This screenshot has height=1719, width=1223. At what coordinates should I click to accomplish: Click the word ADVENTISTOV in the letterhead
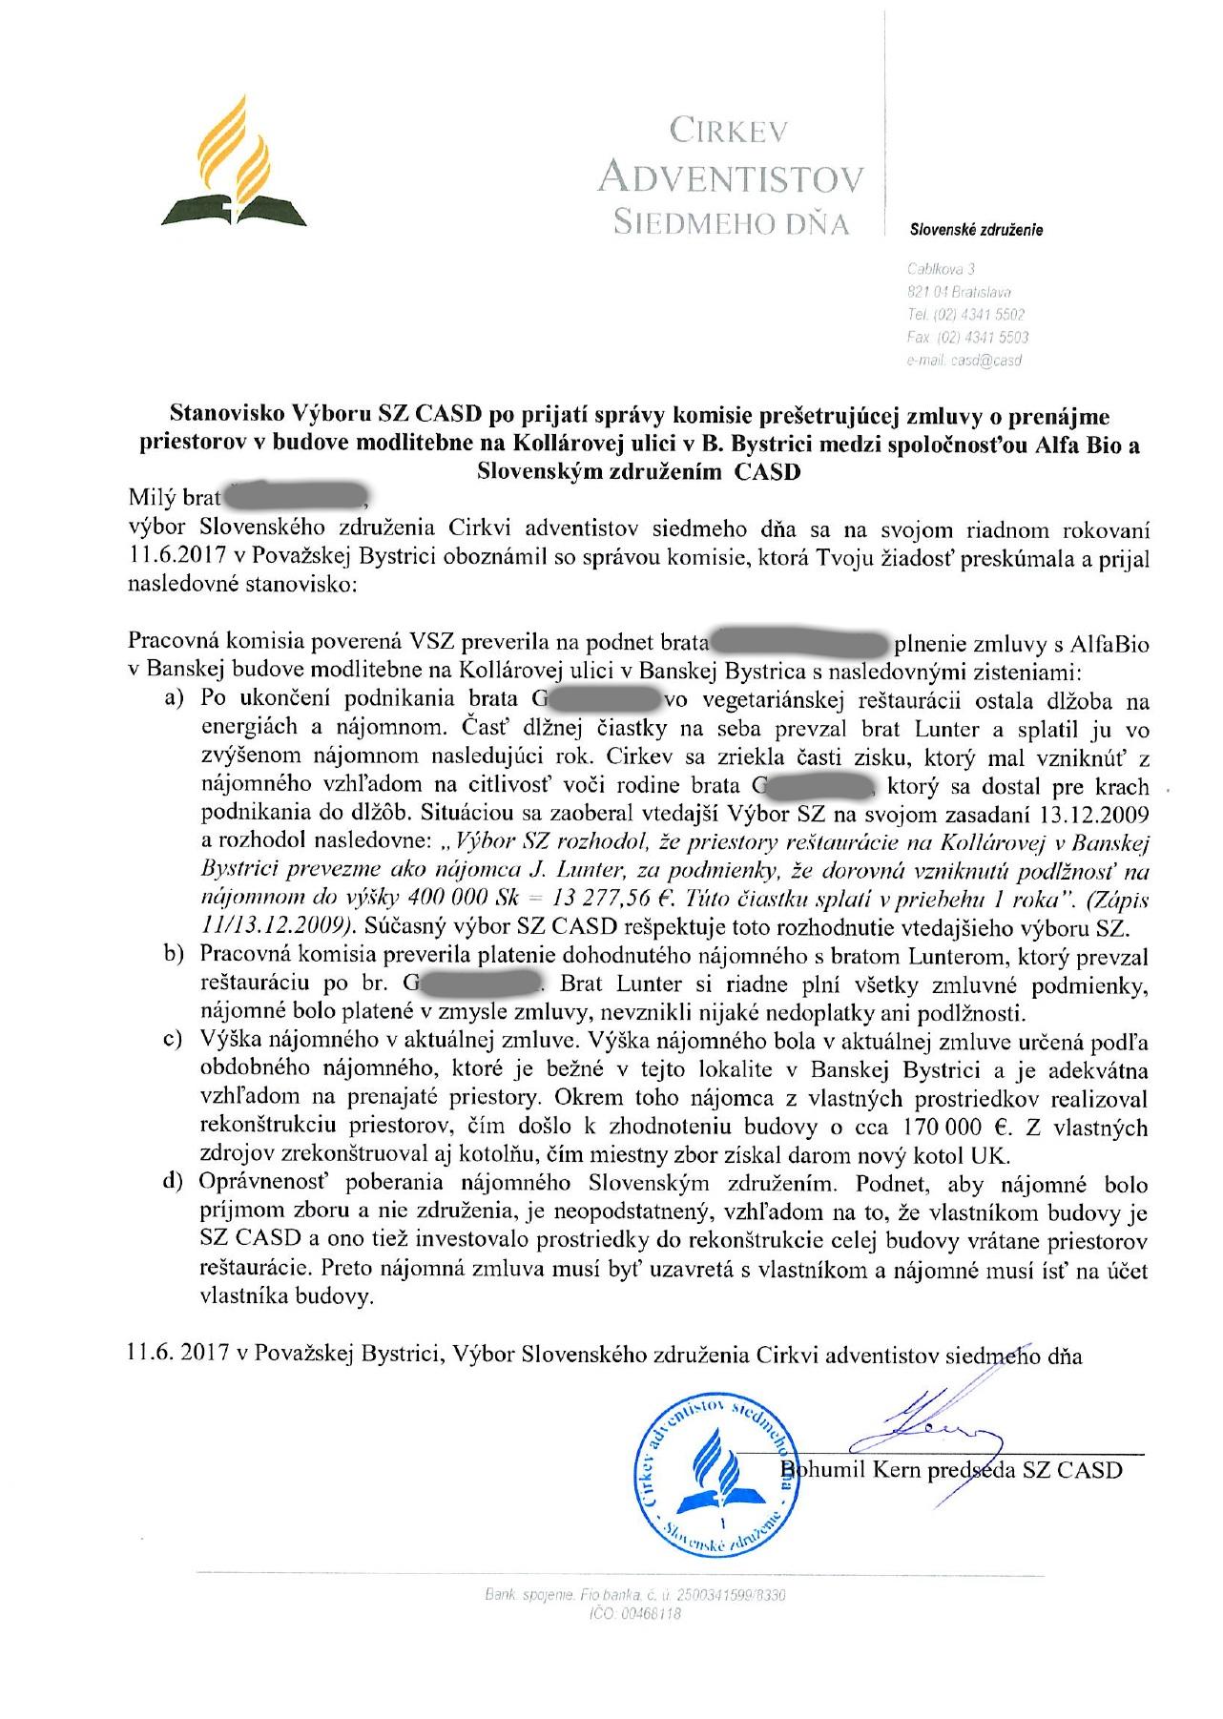tap(730, 176)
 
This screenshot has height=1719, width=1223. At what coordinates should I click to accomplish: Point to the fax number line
tap(967, 337)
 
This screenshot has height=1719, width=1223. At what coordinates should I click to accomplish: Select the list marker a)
tap(175, 701)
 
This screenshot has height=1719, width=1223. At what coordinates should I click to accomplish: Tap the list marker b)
tap(175, 954)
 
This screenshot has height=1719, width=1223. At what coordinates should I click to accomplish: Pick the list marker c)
tap(175, 1038)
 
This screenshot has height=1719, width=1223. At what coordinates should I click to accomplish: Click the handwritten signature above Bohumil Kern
tap(930, 1426)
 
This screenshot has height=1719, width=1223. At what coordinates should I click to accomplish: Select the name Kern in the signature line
tap(902, 1469)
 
